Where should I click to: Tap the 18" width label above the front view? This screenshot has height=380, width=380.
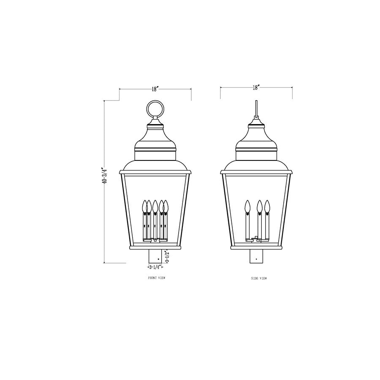pyautogui.click(x=155, y=89)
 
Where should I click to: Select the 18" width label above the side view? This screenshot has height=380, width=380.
pyautogui.click(x=256, y=87)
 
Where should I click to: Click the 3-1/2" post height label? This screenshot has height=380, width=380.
pyautogui.click(x=167, y=256)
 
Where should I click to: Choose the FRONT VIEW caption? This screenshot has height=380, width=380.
pyautogui.click(x=156, y=279)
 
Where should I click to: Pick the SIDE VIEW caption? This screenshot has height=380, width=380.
pyautogui.click(x=258, y=279)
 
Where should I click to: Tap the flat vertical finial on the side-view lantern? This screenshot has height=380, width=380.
pyautogui.click(x=256, y=109)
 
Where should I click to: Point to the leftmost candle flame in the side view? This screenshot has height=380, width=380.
pyautogui.click(x=247, y=206)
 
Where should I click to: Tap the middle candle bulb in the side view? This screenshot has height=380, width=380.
pyautogui.click(x=260, y=206)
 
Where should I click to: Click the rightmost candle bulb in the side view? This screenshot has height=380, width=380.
pyautogui.click(x=267, y=206)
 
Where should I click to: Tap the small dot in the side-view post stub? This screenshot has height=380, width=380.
pyautogui.click(x=256, y=258)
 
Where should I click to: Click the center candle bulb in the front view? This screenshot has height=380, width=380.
pyautogui.click(x=155, y=206)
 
